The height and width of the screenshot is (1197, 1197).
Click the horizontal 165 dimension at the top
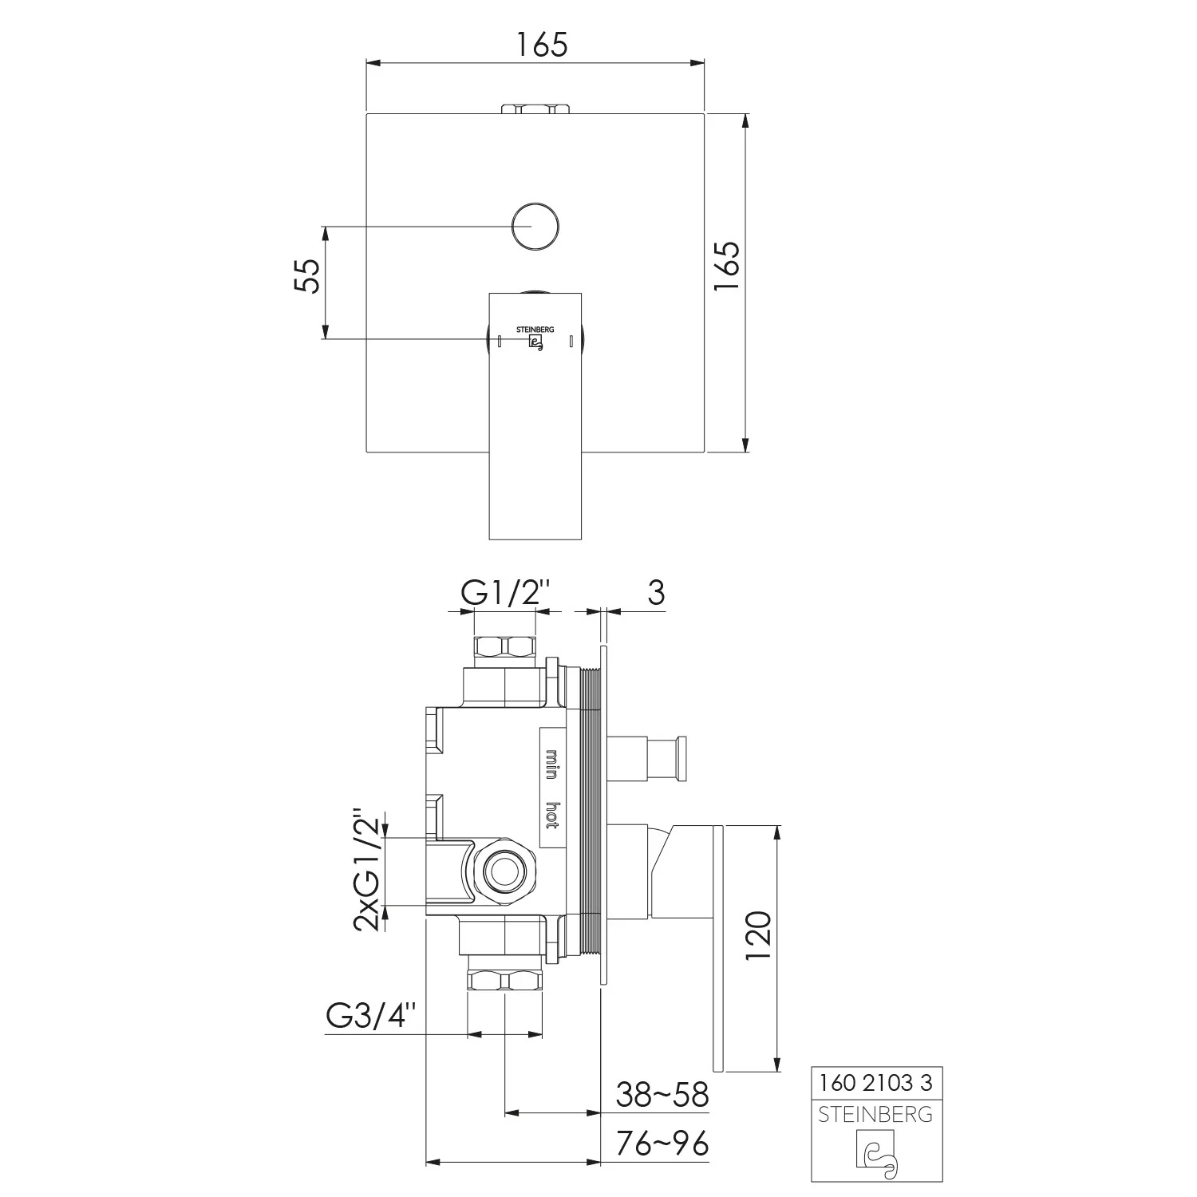coord(540,45)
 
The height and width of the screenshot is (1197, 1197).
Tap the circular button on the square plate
coord(535,227)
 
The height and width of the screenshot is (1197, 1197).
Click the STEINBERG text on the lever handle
coord(535,329)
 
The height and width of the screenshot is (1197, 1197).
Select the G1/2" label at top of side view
coord(506,594)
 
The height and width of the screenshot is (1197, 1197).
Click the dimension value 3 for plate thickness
coord(655,594)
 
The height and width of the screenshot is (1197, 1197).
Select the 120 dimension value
coord(758,936)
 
